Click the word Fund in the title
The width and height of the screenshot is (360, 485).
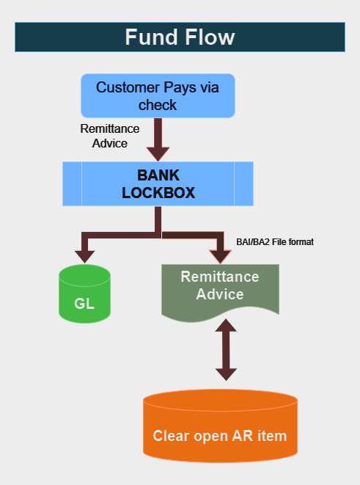coord(150,37)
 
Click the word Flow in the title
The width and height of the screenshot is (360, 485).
coord(210,37)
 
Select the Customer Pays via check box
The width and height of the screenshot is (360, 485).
coord(158,95)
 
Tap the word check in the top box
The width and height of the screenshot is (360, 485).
coord(158,105)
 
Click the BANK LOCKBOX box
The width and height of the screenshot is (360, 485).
coord(158,183)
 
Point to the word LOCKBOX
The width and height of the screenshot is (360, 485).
coord(158,193)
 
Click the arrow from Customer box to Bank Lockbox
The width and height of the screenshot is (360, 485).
coord(158,139)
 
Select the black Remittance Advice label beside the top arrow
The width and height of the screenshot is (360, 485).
coord(110,136)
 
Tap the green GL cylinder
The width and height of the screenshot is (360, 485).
coord(84,293)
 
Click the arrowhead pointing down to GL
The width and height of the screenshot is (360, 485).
coord(84,257)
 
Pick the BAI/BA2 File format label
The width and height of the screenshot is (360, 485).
coord(275,242)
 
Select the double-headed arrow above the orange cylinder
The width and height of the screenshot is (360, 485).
coord(227,350)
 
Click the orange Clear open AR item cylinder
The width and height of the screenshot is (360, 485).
coord(221,426)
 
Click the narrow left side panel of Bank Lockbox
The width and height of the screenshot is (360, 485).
coord(73,183)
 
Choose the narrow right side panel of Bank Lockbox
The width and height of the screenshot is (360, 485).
coord(244,183)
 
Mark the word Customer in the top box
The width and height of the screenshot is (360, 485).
coord(128,87)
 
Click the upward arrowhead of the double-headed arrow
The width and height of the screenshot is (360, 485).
coord(227,326)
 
